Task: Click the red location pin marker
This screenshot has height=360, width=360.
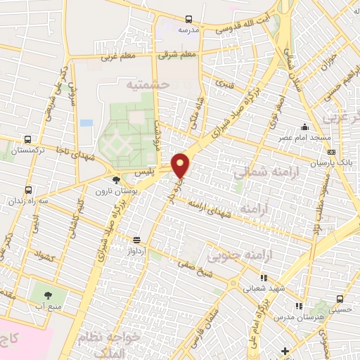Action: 181,164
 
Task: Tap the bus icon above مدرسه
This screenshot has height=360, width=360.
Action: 188,20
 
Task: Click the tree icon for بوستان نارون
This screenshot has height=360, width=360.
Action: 116,181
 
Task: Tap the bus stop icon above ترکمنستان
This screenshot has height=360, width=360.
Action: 27,140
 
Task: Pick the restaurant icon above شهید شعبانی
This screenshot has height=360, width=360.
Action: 264,278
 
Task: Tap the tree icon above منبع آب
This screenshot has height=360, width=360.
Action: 49,296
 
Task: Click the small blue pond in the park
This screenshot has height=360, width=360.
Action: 86,123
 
